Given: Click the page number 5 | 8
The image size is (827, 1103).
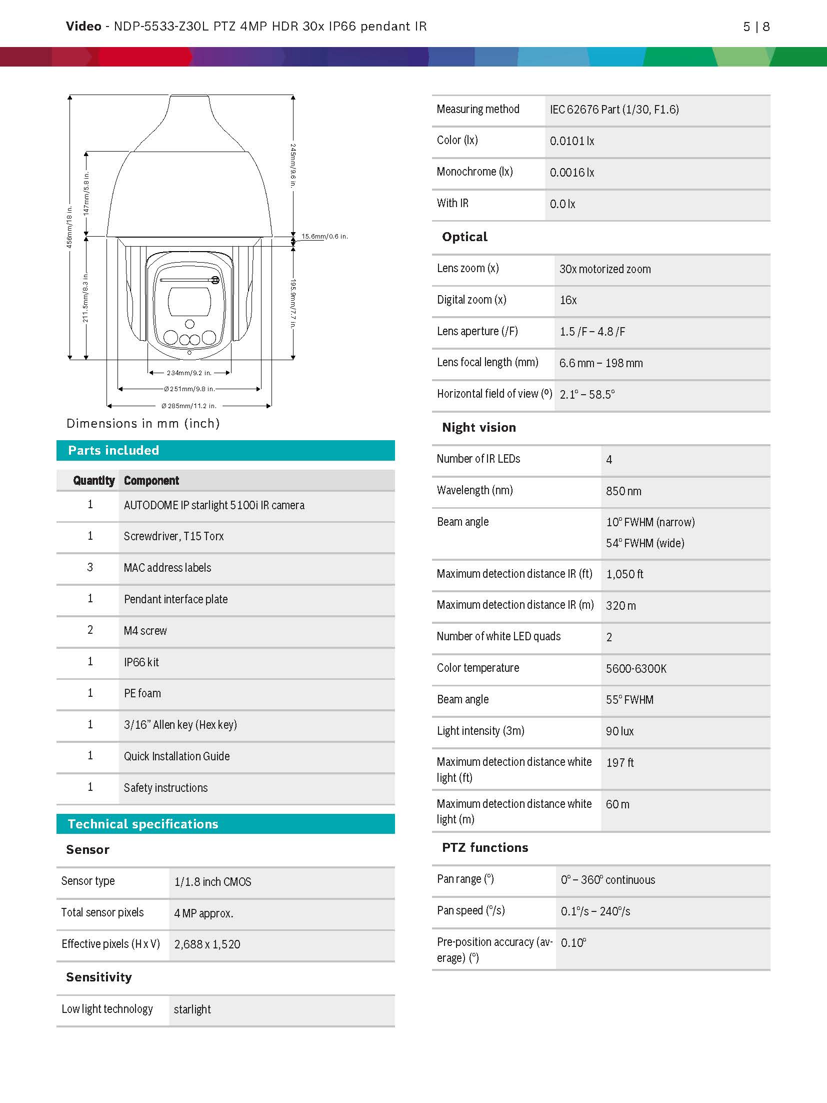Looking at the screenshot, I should click(756, 27).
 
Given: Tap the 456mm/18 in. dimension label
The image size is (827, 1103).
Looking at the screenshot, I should click(69, 227).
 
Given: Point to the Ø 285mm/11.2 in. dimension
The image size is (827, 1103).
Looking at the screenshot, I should click(188, 406).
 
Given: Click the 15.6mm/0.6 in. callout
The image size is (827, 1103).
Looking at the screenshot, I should click(324, 236).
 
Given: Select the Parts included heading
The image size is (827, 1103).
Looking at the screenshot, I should click(113, 450).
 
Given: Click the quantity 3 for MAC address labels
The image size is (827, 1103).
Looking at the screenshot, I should click(90, 567).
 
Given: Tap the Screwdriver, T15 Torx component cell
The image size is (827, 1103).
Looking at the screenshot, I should click(173, 536).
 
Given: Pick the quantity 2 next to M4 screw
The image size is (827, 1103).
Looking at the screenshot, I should click(90, 630).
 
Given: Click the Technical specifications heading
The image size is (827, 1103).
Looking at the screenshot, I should click(143, 824).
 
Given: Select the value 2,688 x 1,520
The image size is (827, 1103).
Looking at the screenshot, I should click(207, 944).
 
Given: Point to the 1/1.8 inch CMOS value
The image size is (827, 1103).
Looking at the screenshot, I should click(212, 882).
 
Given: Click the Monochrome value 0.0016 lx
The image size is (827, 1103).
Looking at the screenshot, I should click(572, 173).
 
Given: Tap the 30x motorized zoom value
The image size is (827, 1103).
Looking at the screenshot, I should click(605, 269).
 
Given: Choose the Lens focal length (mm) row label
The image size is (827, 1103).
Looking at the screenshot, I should click(487, 362).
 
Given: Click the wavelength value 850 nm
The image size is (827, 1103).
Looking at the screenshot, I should click(623, 491).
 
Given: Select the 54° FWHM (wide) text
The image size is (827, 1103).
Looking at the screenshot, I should click(645, 543).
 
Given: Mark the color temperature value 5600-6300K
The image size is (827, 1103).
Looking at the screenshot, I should click(636, 669).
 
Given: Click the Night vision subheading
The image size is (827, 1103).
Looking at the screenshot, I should click(478, 427).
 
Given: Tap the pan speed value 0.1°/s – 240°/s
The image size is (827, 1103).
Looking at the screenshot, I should click(595, 911).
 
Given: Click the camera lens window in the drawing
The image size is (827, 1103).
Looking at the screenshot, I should click(189, 302).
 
